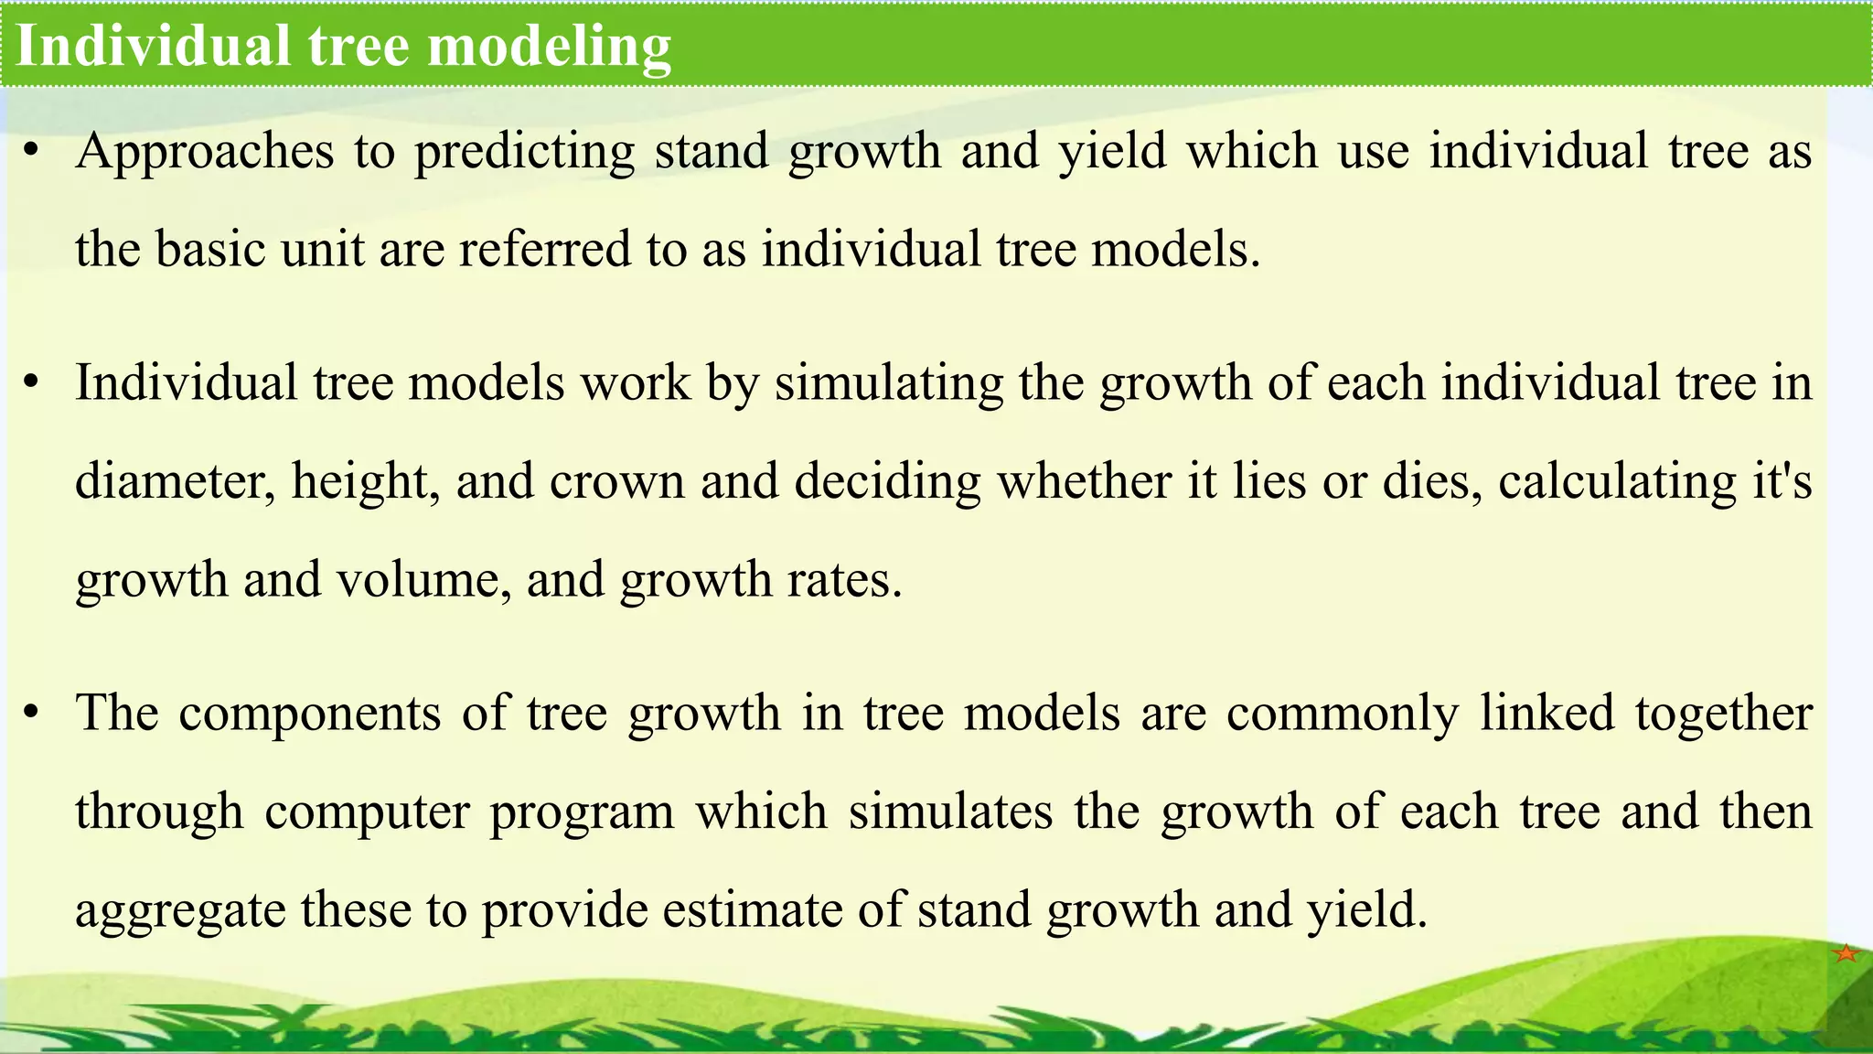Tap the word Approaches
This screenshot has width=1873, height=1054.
pos(205,152)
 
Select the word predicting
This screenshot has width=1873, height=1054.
pos(524,152)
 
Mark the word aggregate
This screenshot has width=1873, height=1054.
pos(180,910)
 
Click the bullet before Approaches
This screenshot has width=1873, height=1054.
pos(31,152)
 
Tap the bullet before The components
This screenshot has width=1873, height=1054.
pos(31,714)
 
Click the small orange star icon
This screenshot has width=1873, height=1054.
pos(1846,953)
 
